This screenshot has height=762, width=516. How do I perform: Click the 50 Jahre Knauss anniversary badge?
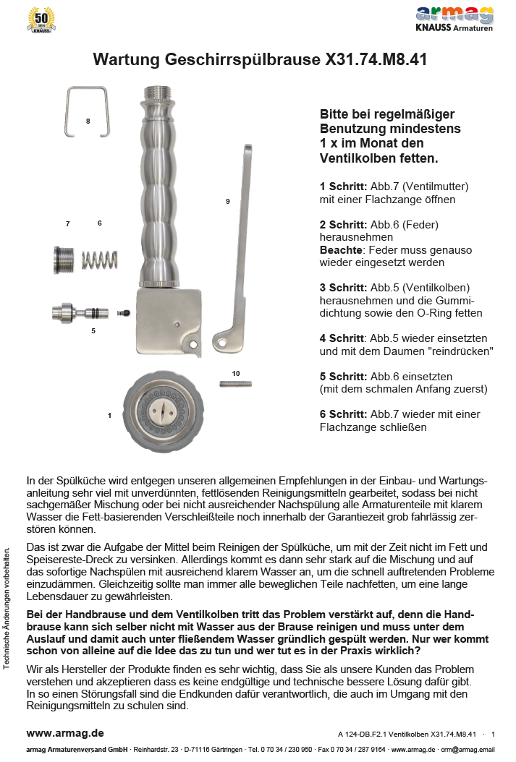click(x=41, y=20)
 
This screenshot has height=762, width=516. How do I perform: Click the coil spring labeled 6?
click(x=99, y=259)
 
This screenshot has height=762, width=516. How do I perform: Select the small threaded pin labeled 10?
click(x=235, y=383)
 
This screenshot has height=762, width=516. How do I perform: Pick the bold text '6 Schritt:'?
click(x=343, y=414)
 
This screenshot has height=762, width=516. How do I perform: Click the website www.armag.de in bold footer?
click(x=65, y=732)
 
